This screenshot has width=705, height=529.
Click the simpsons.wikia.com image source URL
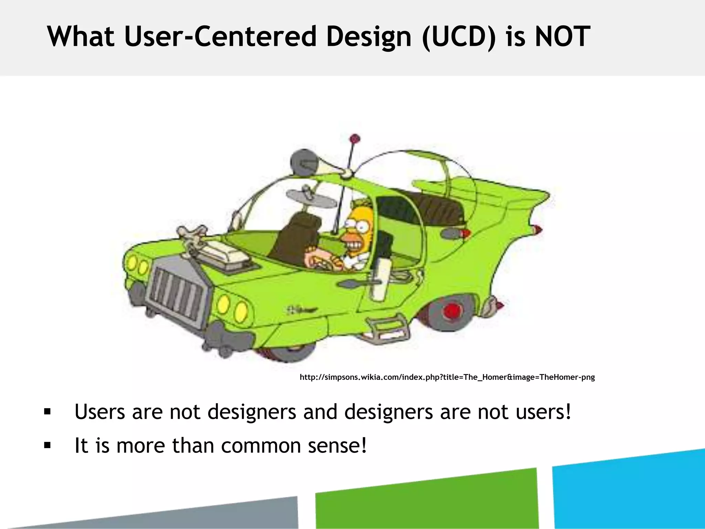tap(447, 377)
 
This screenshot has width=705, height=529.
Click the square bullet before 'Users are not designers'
tap(48, 412)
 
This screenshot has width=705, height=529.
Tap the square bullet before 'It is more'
tap(48, 446)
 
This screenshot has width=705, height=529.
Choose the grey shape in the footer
tap(207, 515)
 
